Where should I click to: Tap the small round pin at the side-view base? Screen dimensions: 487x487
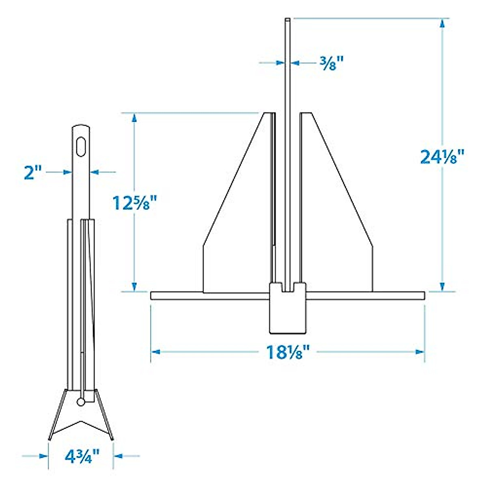pos(81,402)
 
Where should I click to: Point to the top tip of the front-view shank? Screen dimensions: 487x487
pos(288,19)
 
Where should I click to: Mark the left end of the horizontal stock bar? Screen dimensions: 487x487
pos(153,296)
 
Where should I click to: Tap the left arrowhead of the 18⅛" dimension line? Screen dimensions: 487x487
pos(155,352)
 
